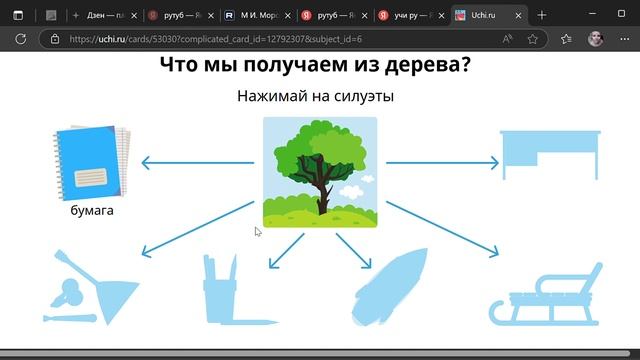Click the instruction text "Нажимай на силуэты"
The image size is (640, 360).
[x=315, y=97]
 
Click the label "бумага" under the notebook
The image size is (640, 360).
[x=92, y=211]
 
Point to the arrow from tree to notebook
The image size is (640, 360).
[x=196, y=162]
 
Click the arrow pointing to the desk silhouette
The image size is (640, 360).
[x=441, y=162]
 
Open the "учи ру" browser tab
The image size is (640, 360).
[x=410, y=16]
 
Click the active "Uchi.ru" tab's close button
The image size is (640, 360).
[x=515, y=16]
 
